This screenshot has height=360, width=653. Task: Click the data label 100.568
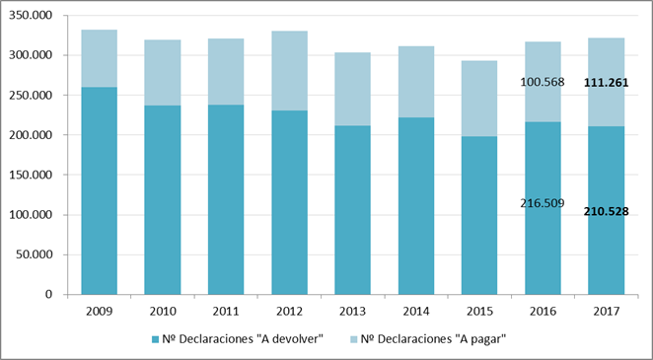543,83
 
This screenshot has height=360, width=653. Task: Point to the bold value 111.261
606,83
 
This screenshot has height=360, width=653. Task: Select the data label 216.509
543,203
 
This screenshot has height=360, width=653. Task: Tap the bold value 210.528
606,211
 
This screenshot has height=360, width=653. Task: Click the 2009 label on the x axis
99,312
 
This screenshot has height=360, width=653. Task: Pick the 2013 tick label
353,312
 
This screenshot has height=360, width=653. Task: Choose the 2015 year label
479,312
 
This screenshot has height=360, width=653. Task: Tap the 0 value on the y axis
50,295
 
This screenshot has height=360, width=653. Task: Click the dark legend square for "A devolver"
155,339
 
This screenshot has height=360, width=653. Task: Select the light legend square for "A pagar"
352,339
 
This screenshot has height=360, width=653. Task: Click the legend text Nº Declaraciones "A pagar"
433,339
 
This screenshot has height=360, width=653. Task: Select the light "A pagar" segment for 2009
99,58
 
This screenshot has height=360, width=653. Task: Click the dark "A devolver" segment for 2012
289,202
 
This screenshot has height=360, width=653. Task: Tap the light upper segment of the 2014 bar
416,82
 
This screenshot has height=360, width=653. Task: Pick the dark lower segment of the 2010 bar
163,200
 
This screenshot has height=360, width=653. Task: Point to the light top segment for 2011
226,72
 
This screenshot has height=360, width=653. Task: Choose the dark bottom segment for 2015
479,216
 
